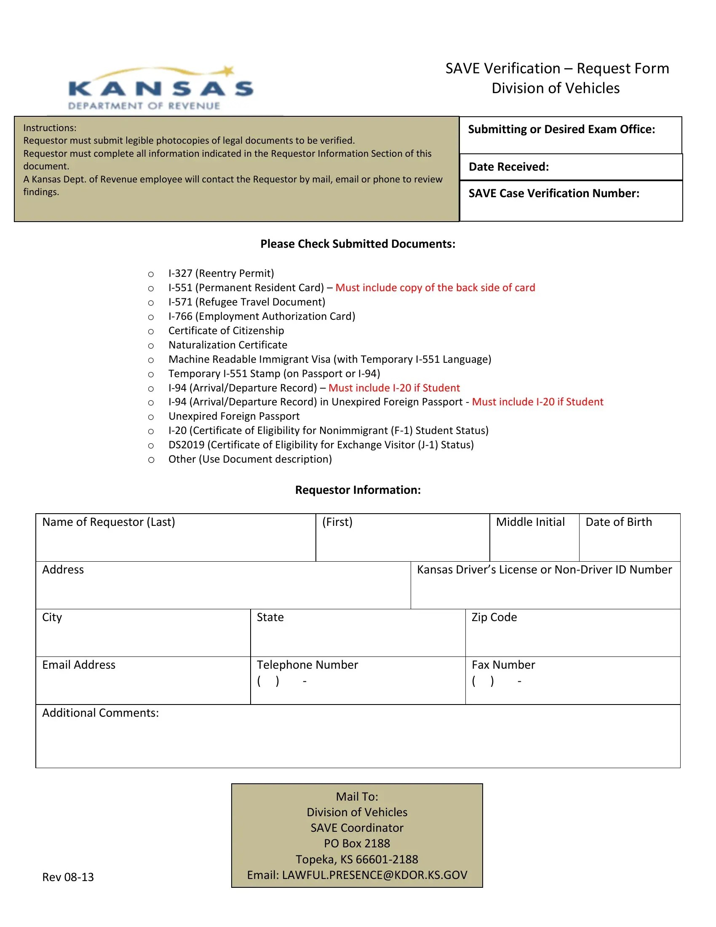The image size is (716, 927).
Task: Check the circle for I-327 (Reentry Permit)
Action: coord(151,274)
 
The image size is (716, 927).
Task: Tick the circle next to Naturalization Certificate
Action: coord(151,346)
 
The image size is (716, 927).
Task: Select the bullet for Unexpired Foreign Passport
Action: coord(151,417)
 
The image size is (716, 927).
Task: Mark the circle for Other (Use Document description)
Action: coord(151,460)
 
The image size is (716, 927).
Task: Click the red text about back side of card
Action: coord(435,288)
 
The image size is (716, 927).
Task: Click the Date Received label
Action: coord(508,167)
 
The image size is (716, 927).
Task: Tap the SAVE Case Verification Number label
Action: coord(553,193)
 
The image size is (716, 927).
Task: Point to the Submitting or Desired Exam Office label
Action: coord(561,129)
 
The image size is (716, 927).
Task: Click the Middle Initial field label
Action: coord(530,522)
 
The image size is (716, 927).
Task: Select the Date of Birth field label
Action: coord(618,522)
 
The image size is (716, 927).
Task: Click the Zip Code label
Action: coord(494,617)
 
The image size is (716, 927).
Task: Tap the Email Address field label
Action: coord(78,664)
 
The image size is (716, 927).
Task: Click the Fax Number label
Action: coord(503,664)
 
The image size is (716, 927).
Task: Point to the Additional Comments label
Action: coord(100,713)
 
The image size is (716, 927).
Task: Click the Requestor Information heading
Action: coord(358,490)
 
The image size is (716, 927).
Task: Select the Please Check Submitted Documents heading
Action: coord(358,244)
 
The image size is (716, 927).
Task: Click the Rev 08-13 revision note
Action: coord(68,877)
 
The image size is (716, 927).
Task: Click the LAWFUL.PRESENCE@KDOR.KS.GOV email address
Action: coord(374,875)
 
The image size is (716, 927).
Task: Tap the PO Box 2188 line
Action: coord(357,844)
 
